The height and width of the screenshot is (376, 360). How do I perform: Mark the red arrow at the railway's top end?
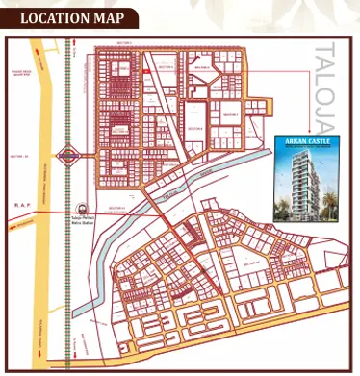(x=68, y=45)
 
